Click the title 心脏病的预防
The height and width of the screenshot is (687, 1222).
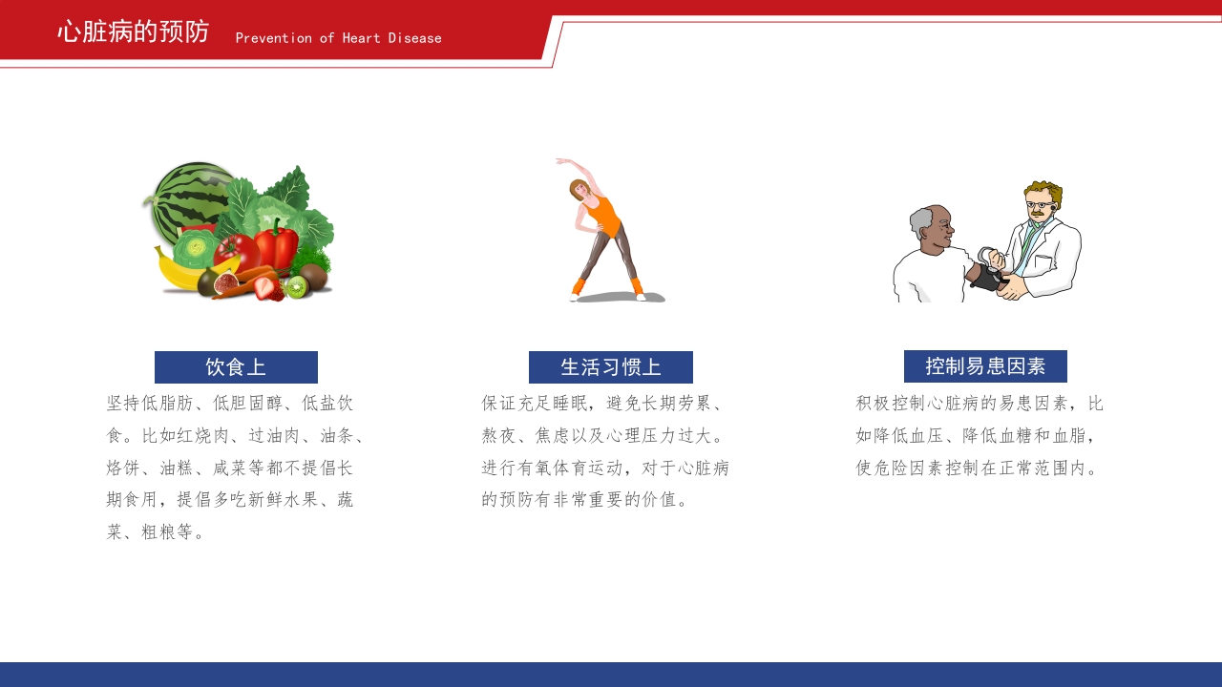point(133,31)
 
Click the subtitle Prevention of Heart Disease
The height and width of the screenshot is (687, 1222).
point(338,38)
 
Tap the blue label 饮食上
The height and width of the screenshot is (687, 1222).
point(236,367)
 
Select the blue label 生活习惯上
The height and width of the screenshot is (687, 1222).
point(611,367)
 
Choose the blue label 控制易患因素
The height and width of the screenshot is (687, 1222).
point(985,366)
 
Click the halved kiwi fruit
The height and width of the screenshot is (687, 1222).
point(296,287)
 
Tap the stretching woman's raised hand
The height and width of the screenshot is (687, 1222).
point(560,161)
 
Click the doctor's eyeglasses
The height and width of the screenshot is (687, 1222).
point(1038,204)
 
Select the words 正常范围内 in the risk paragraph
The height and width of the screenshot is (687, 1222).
point(1045,468)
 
